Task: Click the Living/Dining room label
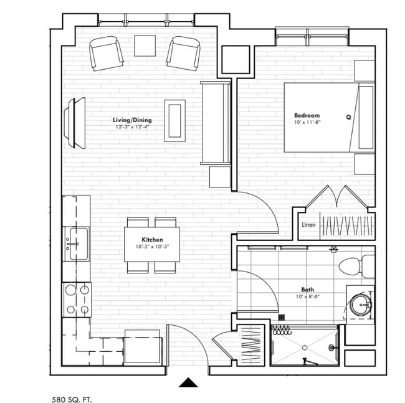132,120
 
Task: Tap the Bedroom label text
307,115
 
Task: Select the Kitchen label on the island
152,239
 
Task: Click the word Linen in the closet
308,225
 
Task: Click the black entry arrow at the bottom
188,382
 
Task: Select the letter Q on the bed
348,116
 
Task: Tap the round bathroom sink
361,305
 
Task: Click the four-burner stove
77,300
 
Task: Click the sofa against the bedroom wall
214,123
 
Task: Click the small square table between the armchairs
145,44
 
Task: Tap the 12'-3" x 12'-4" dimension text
132,127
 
